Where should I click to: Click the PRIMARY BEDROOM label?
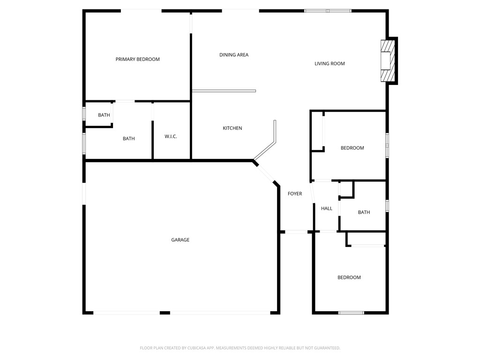137,60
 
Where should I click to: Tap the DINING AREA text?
233,55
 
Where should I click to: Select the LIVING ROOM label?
330,64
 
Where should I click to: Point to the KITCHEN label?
232,128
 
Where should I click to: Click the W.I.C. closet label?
171,136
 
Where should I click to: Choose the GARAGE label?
180,240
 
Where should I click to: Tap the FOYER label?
295,194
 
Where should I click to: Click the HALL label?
327,209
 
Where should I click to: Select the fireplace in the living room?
389,61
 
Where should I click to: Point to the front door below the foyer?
296,232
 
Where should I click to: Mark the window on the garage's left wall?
84,193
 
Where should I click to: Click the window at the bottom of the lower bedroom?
351,313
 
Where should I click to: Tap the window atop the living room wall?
328,10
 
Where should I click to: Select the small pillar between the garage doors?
165,313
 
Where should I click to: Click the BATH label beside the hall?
364,212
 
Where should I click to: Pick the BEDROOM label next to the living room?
352,148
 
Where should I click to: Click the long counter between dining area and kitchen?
224,91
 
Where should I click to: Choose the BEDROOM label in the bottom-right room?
349,277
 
